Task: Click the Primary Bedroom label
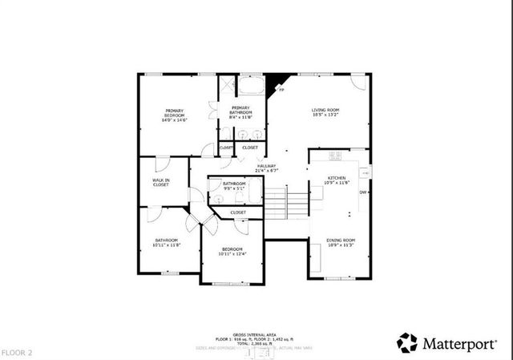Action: coord(176,115)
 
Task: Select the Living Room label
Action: coord(325,111)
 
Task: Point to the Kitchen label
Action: coord(337,180)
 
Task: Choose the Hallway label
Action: coord(266,168)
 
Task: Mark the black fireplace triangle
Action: coord(277,81)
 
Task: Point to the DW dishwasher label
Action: coord(362,192)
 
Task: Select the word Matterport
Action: coord(458,342)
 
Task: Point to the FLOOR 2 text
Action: coord(17,352)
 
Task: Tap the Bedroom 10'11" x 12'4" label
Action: coord(233,252)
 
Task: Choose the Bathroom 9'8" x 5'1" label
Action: coord(234,186)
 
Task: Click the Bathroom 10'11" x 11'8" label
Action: coord(167,241)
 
